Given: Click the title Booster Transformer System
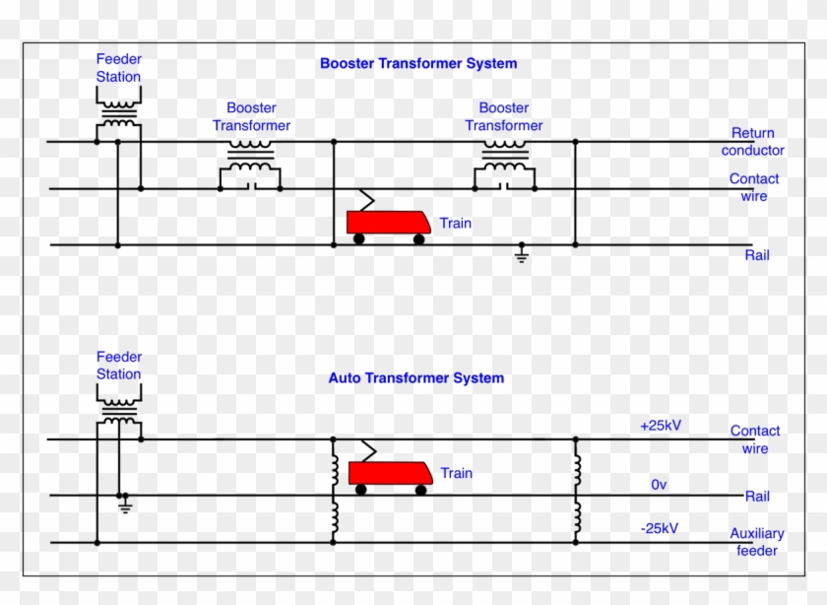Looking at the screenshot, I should pyautogui.click(x=417, y=64).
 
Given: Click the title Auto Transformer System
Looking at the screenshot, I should pyautogui.click(x=415, y=378).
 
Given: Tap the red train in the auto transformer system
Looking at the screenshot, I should pyautogui.click(x=391, y=475).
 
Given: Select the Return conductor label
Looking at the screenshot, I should pyautogui.click(x=753, y=142).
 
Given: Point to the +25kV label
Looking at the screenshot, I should pyautogui.click(x=660, y=426).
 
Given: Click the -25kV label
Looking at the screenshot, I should pyautogui.click(x=659, y=528).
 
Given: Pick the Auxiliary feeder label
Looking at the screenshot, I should pyautogui.click(x=756, y=542).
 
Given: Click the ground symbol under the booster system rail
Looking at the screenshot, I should pyautogui.click(x=522, y=256).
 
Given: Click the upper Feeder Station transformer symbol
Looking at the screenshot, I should pyautogui.click(x=119, y=110).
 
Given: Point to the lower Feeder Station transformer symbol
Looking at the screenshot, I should pyautogui.click(x=119, y=408).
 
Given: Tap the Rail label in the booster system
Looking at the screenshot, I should pyautogui.click(x=757, y=256).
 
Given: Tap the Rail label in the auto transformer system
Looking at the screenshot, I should pyautogui.click(x=757, y=497).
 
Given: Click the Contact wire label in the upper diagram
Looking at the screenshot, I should pyautogui.click(x=754, y=187).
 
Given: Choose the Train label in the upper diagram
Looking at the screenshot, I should pyautogui.click(x=455, y=224).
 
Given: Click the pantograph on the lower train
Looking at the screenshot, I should pyautogui.click(x=366, y=451).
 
